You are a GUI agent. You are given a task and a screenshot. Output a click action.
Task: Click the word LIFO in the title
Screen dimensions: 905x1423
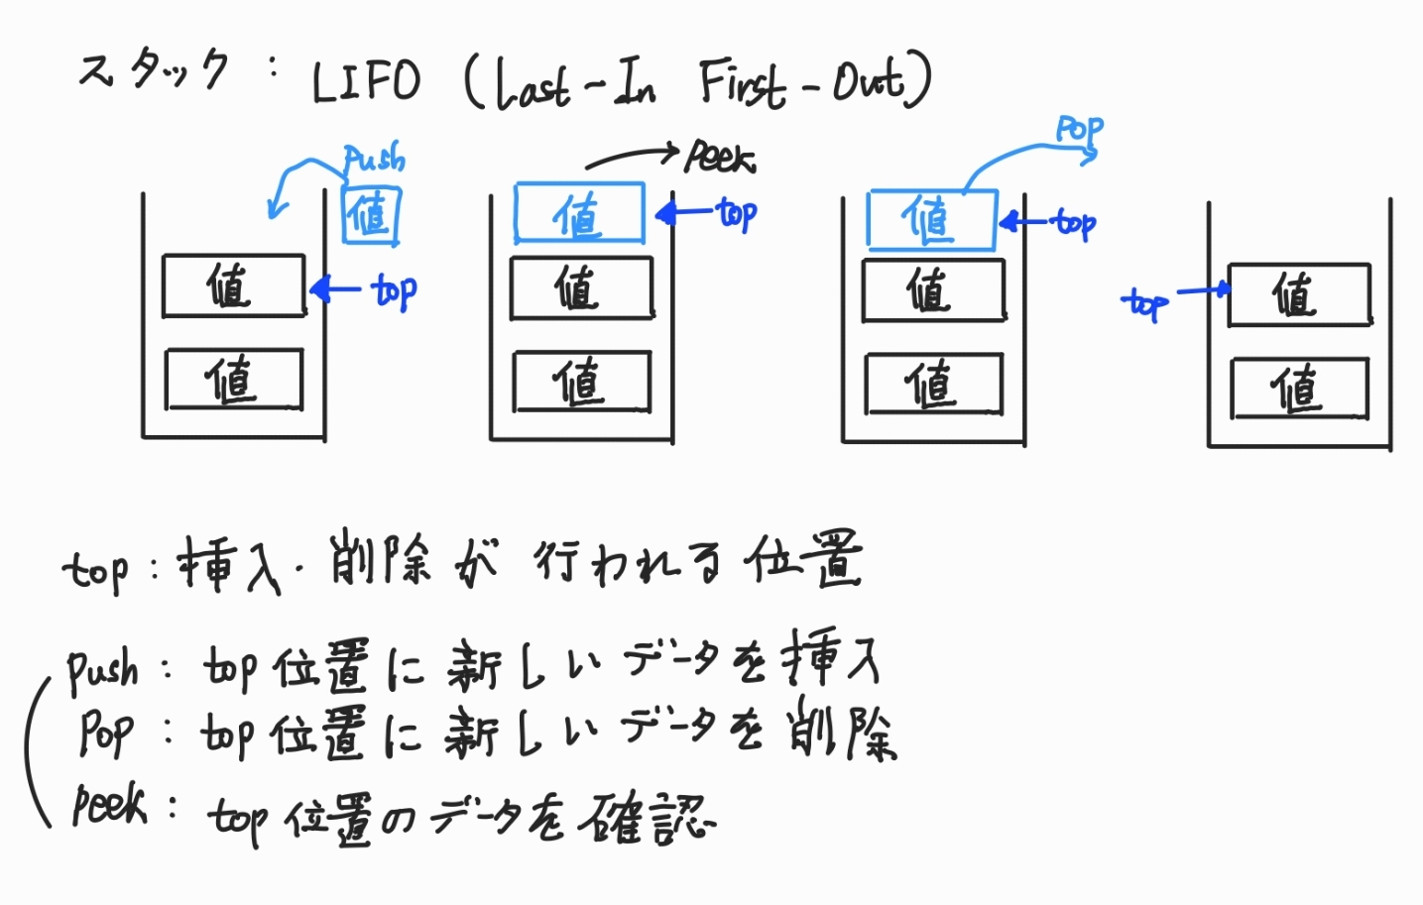366,81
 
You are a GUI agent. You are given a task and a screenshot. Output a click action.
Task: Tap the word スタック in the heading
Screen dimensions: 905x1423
154,70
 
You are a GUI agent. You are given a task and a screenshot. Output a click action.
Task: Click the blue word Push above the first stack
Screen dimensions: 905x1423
374,159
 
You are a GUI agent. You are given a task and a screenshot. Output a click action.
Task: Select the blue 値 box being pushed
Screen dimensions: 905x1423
372,215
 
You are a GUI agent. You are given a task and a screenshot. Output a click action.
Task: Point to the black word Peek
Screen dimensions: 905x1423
721,158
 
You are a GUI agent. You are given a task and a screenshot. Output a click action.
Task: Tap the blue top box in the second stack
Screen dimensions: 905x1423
579,213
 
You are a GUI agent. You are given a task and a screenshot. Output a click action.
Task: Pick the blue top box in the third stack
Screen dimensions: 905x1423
930,219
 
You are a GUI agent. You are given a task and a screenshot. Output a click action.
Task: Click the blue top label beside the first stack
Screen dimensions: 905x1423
394,290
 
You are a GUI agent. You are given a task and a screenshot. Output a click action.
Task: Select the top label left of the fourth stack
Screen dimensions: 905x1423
1145,303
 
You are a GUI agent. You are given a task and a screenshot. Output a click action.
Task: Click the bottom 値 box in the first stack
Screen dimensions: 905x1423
234,380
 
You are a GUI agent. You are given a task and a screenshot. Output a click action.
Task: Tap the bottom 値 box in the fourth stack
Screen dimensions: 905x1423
1299,389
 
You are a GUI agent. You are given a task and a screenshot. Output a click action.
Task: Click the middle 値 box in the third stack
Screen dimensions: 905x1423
933,290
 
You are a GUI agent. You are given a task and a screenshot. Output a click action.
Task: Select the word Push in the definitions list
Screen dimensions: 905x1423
102,671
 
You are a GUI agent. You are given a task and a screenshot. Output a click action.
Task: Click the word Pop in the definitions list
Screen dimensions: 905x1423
105,735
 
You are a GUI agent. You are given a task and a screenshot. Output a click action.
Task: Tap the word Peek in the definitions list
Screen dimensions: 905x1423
109,805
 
